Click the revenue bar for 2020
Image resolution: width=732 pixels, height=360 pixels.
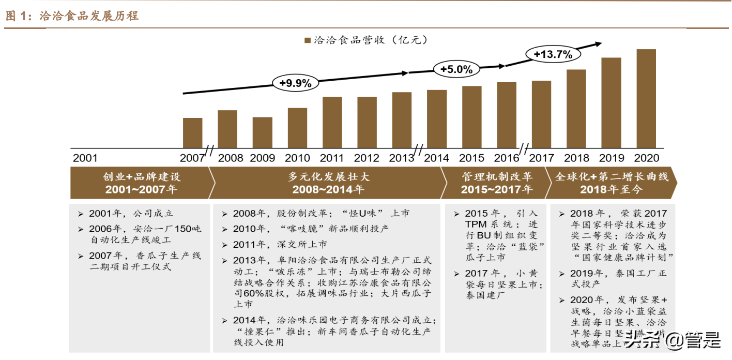pyautogui.click(x=646, y=99)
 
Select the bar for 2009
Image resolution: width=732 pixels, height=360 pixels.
pyautogui.click(x=262, y=133)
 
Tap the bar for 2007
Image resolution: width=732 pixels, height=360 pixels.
pyautogui.click(x=192, y=133)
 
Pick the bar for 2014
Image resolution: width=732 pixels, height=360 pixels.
pyautogui.click(x=437, y=119)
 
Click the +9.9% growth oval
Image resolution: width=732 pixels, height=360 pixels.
pyautogui.click(x=295, y=83)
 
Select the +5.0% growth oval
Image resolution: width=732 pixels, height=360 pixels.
pyautogui.click(x=456, y=69)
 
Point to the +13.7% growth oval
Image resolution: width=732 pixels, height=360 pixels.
pyautogui.click(x=553, y=54)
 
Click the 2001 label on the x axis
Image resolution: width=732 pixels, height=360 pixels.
pyautogui.click(x=85, y=158)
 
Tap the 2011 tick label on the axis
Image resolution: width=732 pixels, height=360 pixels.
pyautogui.click(x=332, y=158)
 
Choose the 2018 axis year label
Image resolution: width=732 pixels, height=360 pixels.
pyautogui.click(x=576, y=158)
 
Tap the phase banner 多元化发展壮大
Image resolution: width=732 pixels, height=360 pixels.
pyautogui.click(x=328, y=177)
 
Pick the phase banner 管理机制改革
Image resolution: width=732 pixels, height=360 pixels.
pyautogui.click(x=497, y=177)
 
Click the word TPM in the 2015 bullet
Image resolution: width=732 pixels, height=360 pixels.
pyautogui.click(x=476, y=224)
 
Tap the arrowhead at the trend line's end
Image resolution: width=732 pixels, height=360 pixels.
pyautogui.click(x=598, y=44)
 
